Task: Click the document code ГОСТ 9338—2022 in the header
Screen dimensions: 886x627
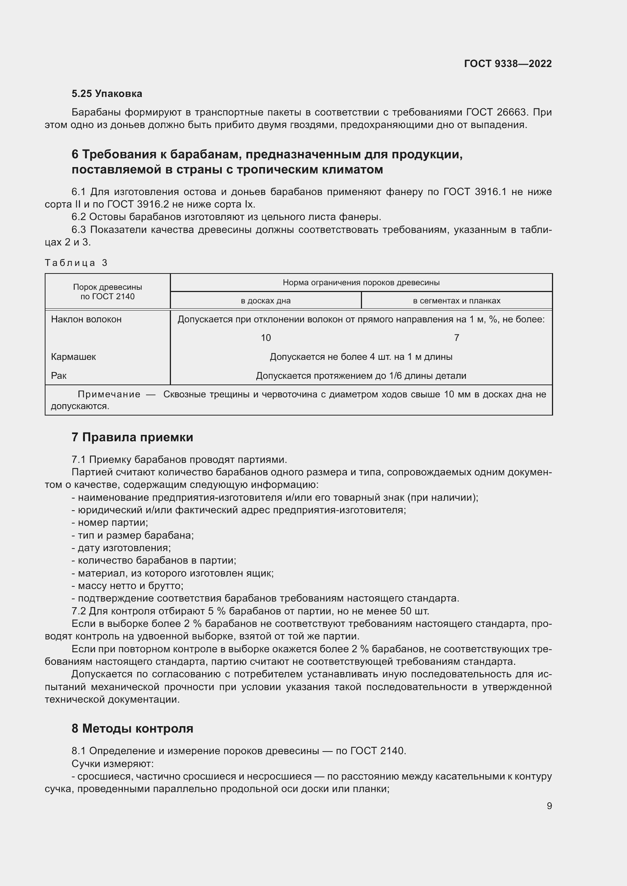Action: pos(508,64)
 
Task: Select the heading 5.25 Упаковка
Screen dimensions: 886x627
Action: pos(107,94)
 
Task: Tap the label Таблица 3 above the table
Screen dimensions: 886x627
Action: pos(76,263)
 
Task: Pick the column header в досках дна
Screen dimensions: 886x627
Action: pos(266,301)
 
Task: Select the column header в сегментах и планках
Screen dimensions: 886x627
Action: pos(456,301)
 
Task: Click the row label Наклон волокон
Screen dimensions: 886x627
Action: pos(86,319)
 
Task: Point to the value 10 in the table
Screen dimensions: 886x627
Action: pos(266,338)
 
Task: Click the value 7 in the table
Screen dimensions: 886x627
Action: pos(456,338)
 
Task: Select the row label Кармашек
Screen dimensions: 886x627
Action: pos(74,356)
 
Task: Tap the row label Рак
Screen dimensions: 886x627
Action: pos(59,375)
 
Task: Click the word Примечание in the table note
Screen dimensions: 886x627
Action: pos(109,394)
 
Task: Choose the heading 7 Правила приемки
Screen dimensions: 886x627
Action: pos(132,437)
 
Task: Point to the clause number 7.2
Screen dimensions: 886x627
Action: pos(79,611)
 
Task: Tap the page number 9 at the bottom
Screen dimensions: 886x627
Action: pos(549,806)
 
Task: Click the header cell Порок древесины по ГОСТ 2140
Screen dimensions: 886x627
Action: pos(107,292)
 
